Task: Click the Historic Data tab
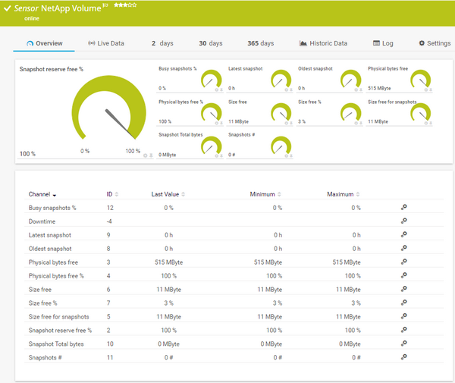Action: click(323, 43)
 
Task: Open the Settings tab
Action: click(435, 43)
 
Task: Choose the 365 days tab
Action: click(261, 43)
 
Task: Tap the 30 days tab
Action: click(211, 43)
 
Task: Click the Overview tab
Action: click(45, 43)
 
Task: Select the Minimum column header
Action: click(262, 194)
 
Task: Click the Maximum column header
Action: click(340, 194)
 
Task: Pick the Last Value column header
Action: click(165, 194)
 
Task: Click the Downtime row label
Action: click(43, 221)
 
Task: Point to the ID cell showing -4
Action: click(110, 221)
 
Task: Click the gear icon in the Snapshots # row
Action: click(404, 356)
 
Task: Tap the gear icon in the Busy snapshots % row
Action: click(404, 207)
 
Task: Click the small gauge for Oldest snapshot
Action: click(350, 78)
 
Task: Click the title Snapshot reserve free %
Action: click(51, 69)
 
